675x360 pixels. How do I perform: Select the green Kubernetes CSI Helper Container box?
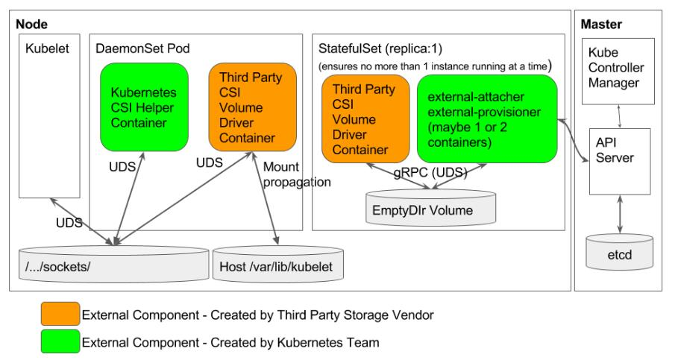point(143,107)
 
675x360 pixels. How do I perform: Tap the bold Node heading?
point(30,25)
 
